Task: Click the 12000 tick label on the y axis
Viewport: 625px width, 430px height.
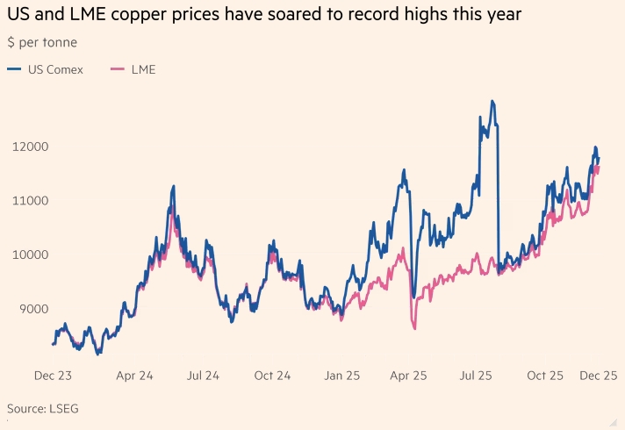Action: point(28,147)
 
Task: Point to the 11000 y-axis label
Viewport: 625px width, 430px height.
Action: point(28,201)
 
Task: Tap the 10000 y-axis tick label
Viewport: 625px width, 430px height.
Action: point(28,254)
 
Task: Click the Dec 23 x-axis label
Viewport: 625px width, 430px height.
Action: point(53,375)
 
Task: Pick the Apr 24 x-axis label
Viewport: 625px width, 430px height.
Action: point(134,375)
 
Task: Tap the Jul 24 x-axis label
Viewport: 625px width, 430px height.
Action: point(204,375)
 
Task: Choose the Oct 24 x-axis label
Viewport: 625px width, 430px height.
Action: point(272,375)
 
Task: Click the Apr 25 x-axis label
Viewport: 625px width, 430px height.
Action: point(408,375)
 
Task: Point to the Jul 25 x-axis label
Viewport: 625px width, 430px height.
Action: point(477,375)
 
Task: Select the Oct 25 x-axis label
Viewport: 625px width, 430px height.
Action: point(545,375)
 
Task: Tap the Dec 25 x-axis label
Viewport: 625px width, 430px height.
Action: point(599,375)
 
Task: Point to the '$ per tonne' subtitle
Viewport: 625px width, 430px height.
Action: point(41,42)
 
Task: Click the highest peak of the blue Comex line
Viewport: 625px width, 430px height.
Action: point(493,102)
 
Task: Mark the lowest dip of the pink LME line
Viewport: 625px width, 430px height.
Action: point(413,329)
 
